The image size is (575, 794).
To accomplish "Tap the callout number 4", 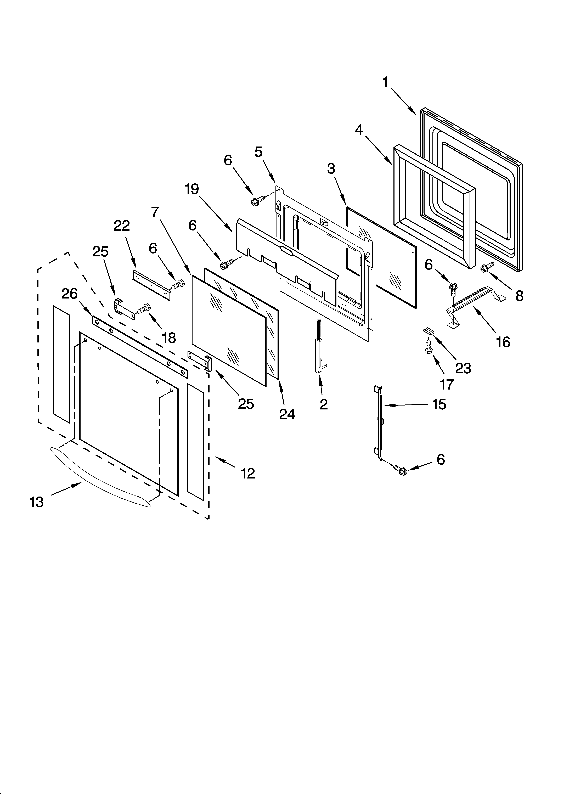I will point(359,130).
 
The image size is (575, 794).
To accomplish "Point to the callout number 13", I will point(36,502).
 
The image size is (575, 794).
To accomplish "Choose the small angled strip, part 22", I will point(151,284).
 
